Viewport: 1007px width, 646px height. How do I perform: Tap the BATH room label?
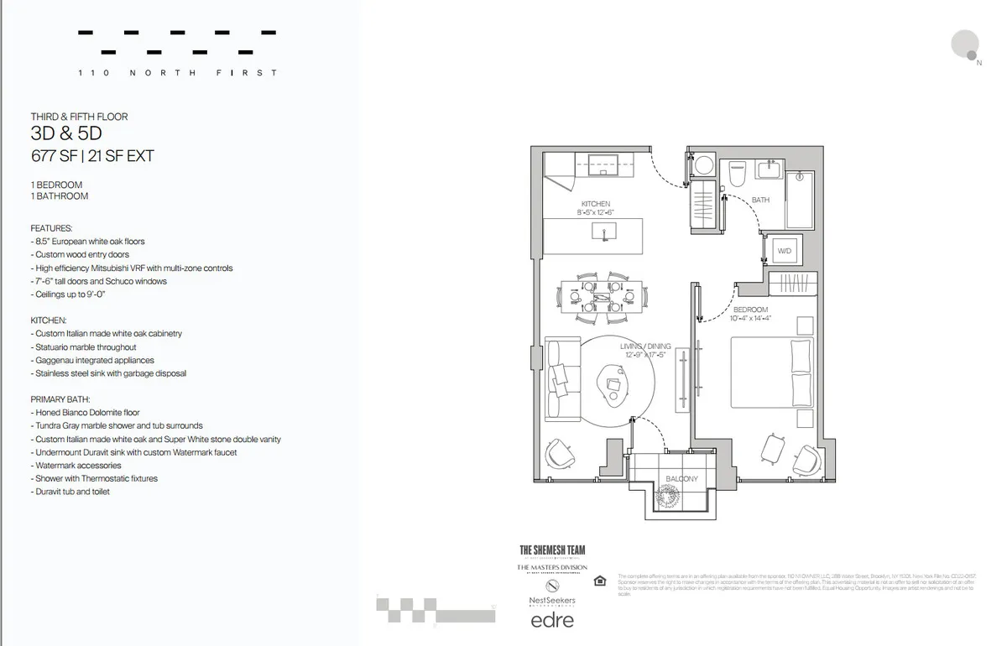760,200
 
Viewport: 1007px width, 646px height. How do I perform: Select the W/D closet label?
785,250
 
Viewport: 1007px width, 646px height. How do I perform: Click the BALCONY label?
681,479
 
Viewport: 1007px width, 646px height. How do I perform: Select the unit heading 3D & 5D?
66,134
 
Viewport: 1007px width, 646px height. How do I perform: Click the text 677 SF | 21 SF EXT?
92,155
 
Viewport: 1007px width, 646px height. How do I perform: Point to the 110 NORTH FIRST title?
177,73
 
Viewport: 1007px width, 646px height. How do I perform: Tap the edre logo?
552,621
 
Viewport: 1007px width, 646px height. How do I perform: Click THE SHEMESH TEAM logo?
552,550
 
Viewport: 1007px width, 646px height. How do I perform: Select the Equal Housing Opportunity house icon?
598,581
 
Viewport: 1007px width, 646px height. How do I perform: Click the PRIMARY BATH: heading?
60,399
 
